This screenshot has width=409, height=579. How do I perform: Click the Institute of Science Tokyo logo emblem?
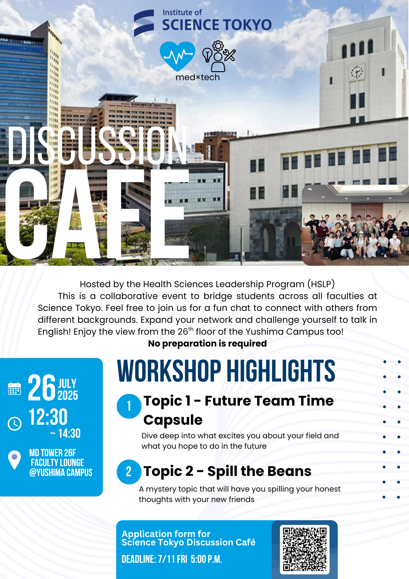144,23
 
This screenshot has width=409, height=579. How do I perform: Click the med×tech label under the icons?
198,77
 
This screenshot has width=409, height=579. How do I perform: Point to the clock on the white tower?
357,72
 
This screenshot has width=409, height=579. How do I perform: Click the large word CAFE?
97,214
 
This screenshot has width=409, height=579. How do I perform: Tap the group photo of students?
355,225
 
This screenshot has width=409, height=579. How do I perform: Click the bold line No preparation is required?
207,343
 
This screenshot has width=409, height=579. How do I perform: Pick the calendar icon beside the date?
14,389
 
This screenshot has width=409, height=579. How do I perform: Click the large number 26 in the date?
42,388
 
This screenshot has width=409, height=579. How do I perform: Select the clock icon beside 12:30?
14,424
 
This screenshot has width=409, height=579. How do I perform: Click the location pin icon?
14,460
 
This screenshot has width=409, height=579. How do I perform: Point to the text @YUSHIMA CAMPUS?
61,472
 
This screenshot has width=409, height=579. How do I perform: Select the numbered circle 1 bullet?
129,406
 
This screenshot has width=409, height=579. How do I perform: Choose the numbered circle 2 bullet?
129,472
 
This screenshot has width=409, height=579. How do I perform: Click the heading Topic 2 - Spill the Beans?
227,471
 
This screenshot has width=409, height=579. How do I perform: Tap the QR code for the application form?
305,549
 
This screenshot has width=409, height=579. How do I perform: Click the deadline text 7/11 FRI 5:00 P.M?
190,559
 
